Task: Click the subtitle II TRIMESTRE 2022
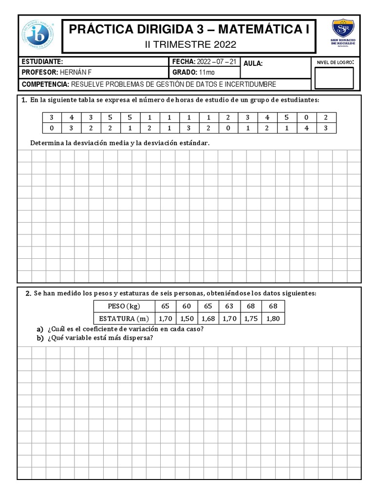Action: pyautogui.click(x=191, y=45)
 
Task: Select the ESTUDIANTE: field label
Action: pyautogui.click(x=42, y=62)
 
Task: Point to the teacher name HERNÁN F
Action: pyautogui.click(x=75, y=73)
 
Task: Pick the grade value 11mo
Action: pyautogui.click(x=206, y=73)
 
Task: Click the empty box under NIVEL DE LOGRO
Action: pyautogui.click(x=334, y=78)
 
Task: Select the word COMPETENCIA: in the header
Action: pyautogui.click(x=46, y=84)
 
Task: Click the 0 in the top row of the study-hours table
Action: pyautogui.click(x=306, y=117)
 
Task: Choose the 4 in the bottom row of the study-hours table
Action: pyautogui.click(x=306, y=128)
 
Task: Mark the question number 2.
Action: pyautogui.click(x=28, y=294)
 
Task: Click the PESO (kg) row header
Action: pyautogui.click(x=124, y=306)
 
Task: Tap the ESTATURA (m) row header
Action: pyautogui.click(x=124, y=319)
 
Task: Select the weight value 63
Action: pyautogui.click(x=229, y=306)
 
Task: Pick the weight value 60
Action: pyautogui.click(x=187, y=306)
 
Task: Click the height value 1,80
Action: pyautogui.click(x=273, y=319)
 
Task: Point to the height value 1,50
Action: pyautogui.click(x=187, y=319)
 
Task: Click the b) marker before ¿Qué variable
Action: pyautogui.click(x=40, y=339)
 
